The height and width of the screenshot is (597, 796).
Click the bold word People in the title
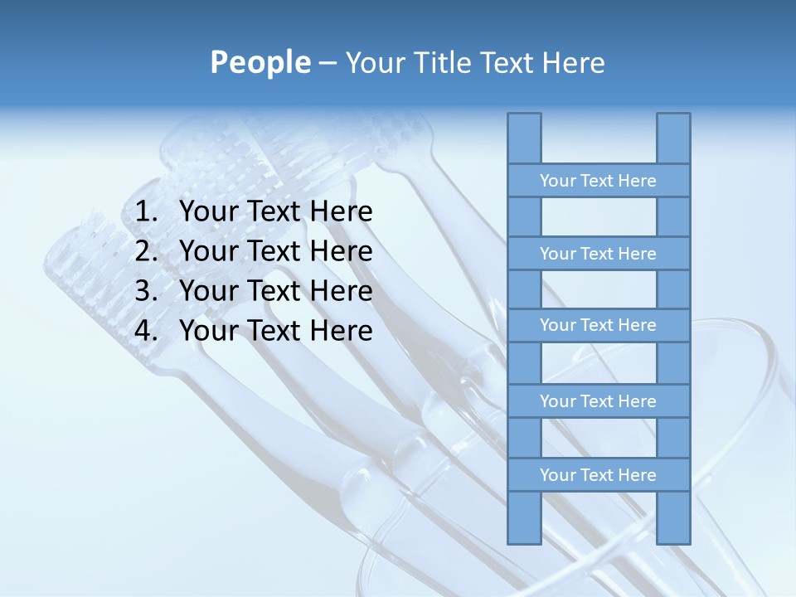(260, 63)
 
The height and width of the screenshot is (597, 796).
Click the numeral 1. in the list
(146, 212)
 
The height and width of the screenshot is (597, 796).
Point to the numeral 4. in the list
(146, 331)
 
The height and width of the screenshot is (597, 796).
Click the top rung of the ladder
(598, 181)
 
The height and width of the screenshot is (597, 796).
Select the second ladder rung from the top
(598, 254)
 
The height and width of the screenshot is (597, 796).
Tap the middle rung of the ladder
(598, 325)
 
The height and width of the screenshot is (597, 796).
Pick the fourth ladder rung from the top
(598, 401)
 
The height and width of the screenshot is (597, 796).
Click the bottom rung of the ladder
(598, 475)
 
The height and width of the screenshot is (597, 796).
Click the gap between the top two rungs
(598, 217)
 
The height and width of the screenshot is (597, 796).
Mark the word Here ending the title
(573, 63)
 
